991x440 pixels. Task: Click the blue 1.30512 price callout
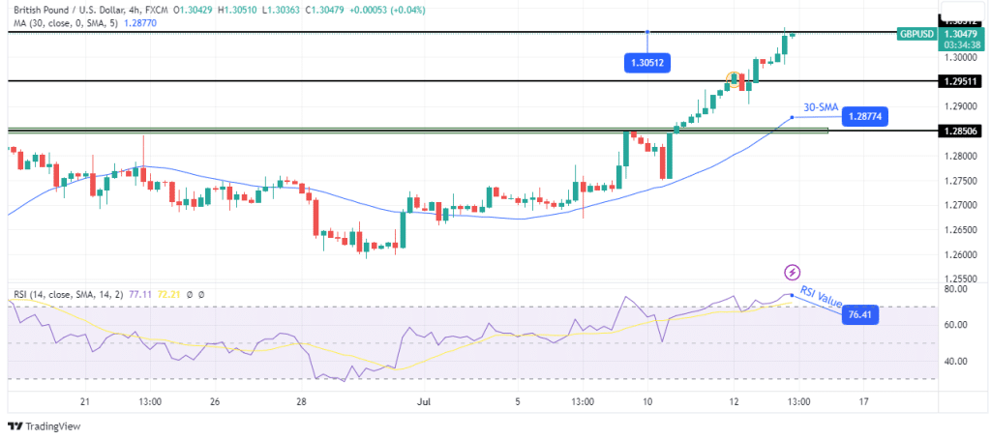647,63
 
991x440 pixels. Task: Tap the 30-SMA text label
820,106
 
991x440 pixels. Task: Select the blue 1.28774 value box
864,117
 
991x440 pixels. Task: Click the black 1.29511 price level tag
962,81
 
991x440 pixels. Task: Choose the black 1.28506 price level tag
962,131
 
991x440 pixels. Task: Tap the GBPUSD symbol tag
916,34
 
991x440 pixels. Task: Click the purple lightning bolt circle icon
793,273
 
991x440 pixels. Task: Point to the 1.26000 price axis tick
960,255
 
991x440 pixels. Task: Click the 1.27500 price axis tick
960,181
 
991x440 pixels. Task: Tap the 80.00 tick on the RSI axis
956,289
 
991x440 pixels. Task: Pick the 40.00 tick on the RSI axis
956,361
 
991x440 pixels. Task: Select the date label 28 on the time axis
302,400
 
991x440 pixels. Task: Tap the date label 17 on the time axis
863,400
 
